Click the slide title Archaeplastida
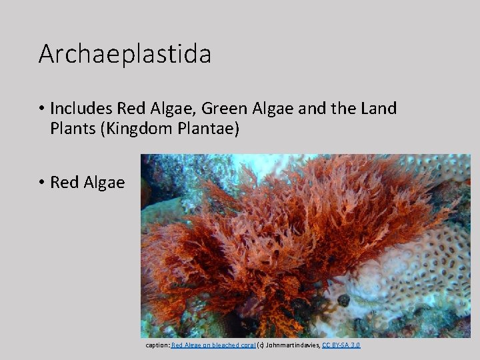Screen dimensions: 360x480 pyautogui.click(x=125, y=54)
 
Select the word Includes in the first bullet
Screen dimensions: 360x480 pyautogui.click(x=81, y=108)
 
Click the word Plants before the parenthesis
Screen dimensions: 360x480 pyautogui.click(x=73, y=129)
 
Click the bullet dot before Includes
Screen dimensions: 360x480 pyautogui.click(x=41, y=109)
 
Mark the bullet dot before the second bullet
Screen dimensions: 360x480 pyautogui.click(x=41, y=182)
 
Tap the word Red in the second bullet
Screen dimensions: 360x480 pyautogui.click(x=63, y=182)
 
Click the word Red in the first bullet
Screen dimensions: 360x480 pyautogui.click(x=130, y=108)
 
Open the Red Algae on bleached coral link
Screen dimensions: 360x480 pyautogui.click(x=213, y=345)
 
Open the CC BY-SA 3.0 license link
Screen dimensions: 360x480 pyautogui.click(x=341, y=345)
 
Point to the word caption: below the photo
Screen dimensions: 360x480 pyautogui.click(x=158, y=345)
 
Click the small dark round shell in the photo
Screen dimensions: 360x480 pyautogui.click(x=343, y=300)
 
